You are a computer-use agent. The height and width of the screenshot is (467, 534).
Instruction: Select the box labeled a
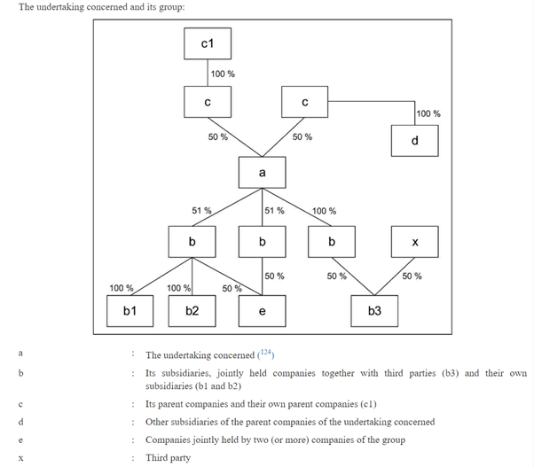[x=261, y=172]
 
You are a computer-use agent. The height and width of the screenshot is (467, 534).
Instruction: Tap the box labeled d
[x=414, y=141]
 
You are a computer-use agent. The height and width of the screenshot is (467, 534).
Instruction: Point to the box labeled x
[x=414, y=242]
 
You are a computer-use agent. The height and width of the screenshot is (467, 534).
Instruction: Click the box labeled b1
[x=130, y=310]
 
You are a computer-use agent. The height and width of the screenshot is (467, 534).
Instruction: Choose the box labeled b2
[x=192, y=310]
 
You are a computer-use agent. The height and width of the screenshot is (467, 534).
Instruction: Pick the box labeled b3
[x=373, y=310]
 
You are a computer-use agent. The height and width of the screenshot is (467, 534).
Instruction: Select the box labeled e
[x=262, y=310]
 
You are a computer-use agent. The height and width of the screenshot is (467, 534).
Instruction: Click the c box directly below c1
[x=206, y=103]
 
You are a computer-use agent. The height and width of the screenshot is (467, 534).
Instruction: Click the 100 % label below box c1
[x=223, y=74]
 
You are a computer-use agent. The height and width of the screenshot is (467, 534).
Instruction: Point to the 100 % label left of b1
[x=121, y=287]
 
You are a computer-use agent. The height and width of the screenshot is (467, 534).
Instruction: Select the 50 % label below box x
[x=412, y=276]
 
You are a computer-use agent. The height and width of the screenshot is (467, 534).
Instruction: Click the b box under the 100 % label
[x=331, y=242]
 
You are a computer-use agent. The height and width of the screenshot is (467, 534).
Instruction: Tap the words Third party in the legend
[x=169, y=457]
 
